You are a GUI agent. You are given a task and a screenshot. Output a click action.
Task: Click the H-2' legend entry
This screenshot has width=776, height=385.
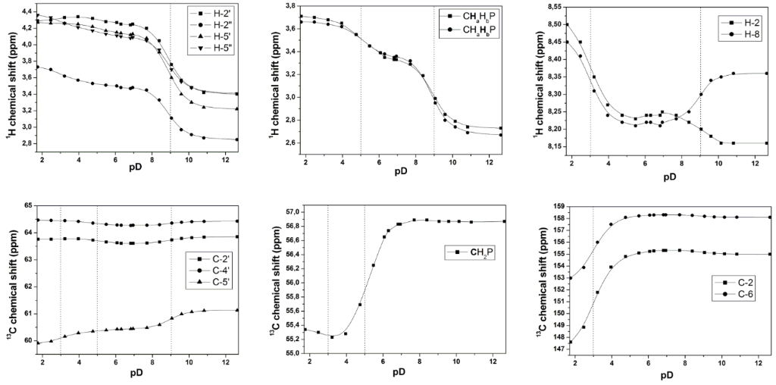[x=218, y=14]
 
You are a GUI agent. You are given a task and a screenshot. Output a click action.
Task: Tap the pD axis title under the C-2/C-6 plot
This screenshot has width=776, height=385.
[x=668, y=375]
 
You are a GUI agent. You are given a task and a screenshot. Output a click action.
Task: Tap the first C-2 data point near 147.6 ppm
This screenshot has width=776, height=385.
[x=570, y=342]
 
